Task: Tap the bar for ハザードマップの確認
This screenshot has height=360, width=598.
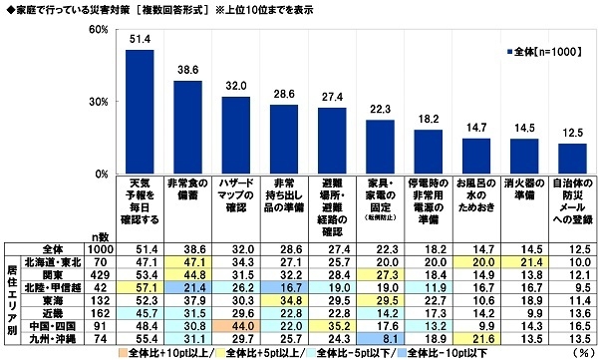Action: pyautogui.click(x=235, y=135)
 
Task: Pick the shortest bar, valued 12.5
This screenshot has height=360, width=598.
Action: pyautogui.click(x=571, y=159)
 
